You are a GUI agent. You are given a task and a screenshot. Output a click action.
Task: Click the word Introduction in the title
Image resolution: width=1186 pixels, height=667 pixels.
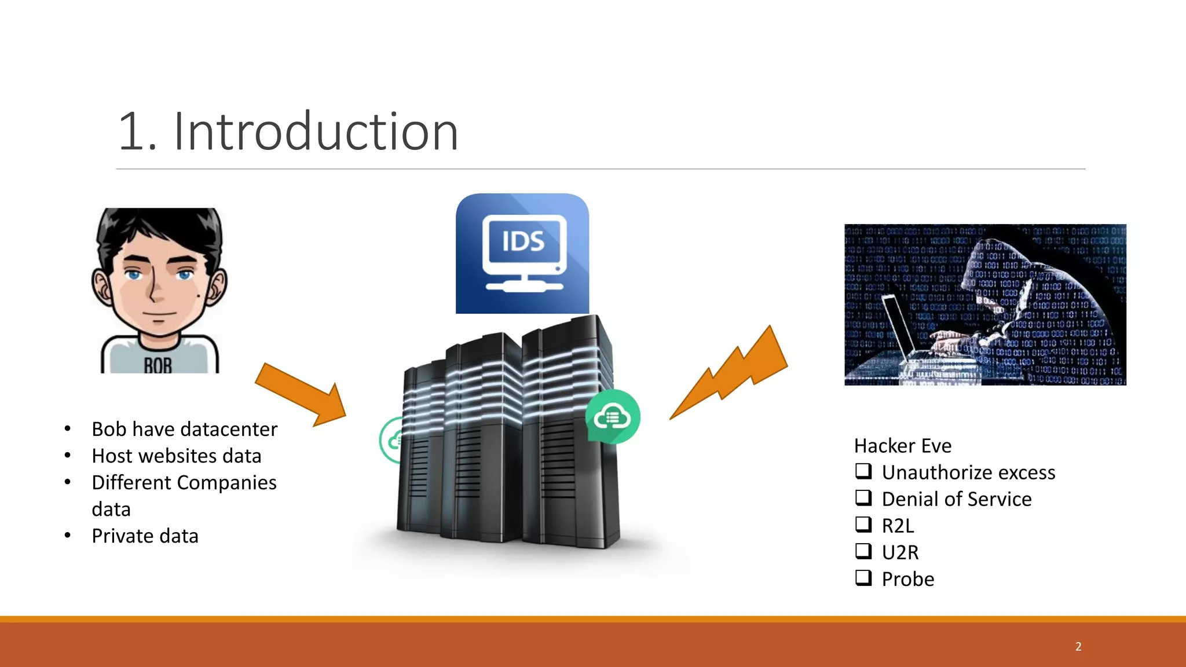316,132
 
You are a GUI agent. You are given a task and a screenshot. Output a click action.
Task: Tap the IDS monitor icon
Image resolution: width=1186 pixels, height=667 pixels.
523,253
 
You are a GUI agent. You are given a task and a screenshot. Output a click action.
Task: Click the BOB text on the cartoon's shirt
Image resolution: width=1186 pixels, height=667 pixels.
158,365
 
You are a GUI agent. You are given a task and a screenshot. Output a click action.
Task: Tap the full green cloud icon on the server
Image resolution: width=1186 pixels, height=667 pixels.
612,417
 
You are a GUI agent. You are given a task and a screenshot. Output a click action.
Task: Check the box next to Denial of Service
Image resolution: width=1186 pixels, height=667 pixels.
863,498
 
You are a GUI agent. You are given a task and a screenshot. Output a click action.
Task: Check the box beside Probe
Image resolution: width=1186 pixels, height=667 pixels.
863,578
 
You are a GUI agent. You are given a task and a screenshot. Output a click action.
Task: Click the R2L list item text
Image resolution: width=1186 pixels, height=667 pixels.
898,526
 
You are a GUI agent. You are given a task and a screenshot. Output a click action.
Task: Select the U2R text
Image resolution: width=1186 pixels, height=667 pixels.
900,552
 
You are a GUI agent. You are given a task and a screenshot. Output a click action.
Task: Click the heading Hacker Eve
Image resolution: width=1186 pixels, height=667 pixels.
902,446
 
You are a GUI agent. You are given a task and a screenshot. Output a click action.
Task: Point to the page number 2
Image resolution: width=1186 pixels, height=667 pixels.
1078,646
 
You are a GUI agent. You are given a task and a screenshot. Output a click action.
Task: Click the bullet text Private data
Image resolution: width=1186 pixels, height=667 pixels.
145,536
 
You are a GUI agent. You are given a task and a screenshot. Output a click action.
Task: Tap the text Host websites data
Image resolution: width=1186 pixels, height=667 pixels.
177,456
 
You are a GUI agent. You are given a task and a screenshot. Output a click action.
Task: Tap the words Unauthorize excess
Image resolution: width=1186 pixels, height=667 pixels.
968,472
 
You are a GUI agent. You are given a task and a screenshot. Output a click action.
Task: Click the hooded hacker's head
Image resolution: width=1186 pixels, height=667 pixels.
996,272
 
